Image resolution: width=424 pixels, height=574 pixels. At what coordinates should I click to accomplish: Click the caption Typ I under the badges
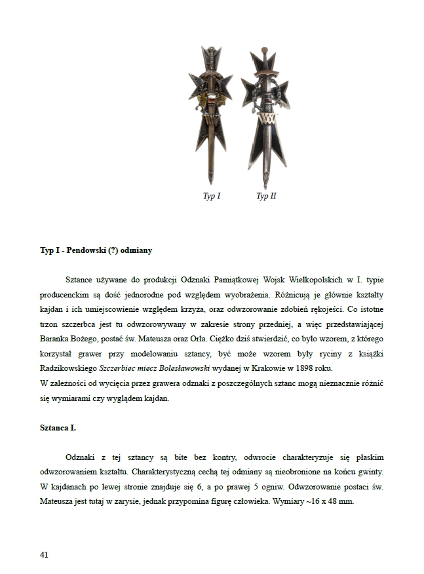[x=211, y=197]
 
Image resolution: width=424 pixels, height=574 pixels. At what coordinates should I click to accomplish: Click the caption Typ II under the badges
[x=266, y=197]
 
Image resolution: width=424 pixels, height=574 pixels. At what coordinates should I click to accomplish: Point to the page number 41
[x=44, y=554]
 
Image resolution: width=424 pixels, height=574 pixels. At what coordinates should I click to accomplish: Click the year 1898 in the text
[x=336, y=369]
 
